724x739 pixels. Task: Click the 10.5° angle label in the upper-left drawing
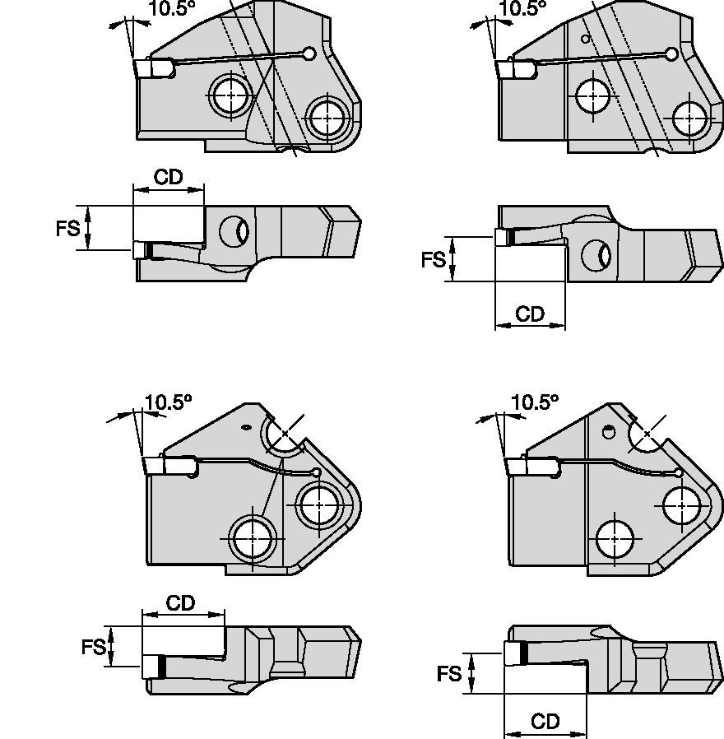point(171,9)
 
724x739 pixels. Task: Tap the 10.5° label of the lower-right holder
point(534,402)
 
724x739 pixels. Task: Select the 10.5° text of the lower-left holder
point(168,402)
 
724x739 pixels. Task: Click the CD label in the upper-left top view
point(168,178)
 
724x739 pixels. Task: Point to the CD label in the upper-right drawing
point(531,314)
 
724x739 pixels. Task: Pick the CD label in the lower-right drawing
point(545,722)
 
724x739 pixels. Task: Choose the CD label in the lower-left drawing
point(180,603)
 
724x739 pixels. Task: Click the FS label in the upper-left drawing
point(68,228)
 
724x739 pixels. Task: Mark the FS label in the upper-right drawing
point(434,259)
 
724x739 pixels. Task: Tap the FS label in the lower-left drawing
point(94,647)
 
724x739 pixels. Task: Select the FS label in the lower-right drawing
point(449,674)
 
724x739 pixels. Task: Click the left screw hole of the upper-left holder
point(230,96)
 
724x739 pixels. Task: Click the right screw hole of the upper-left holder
point(327,118)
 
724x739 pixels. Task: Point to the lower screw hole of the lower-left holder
point(253,539)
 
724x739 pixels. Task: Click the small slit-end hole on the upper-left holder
point(309,54)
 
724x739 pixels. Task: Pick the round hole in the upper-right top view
point(594,255)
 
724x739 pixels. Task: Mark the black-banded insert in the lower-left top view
point(155,666)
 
